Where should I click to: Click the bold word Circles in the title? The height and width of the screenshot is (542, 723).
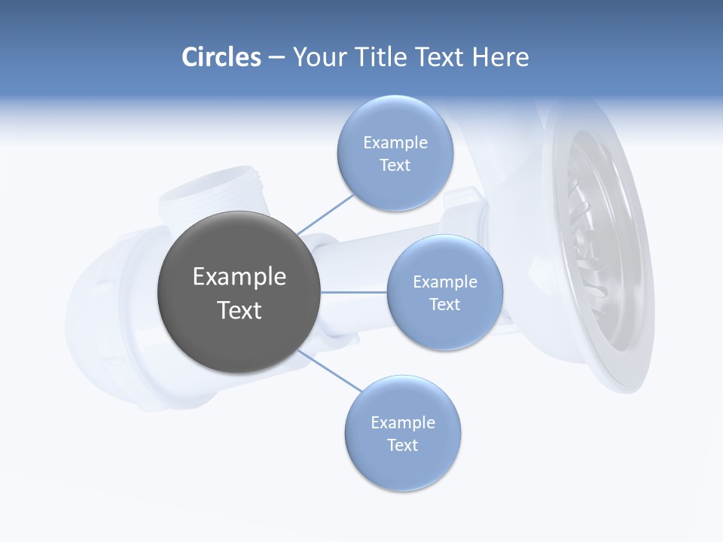pyautogui.click(x=221, y=57)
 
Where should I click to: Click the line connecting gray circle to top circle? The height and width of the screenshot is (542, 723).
pyautogui.click(x=325, y=214)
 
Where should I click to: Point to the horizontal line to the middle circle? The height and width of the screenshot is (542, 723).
pyautogui.click(x=353, y=292)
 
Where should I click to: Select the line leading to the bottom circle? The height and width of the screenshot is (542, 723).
pyautogui.click(x=330, y=370)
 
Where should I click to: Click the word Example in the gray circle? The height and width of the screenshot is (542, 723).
pyautogui.click(x=239, y=277)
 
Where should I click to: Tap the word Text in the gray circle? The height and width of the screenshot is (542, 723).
pyautogui.click(x=239, y=310)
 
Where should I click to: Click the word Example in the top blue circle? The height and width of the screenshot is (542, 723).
pyautogui.click(x=395, y=143)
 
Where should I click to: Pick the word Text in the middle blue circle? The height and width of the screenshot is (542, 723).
pyautogui.click(x=444, y=304)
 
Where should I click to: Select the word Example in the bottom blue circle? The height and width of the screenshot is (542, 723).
pyautogui.click(x=402, y=422)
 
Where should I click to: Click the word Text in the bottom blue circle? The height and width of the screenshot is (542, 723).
pyautogui.click(x=402, y=445)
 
